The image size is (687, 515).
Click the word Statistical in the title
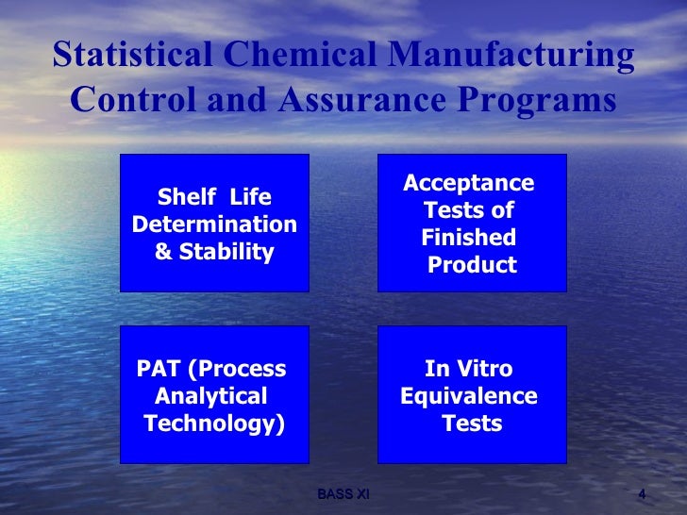(133, 57)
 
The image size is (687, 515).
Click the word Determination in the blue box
(214, 224)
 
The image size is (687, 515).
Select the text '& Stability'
(214, 252)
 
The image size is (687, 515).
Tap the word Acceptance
(468, 183)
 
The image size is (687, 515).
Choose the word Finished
(469, 238)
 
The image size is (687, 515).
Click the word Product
(472, 265)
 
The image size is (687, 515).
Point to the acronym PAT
(159, 369)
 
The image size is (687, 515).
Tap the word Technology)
(214, 424)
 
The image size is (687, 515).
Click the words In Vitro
(469, 369)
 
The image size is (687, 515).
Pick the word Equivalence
(469, 396)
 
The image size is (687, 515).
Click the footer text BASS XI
(343, 494)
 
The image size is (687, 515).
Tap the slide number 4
(642, 494)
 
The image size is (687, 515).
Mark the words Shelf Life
(214, 197)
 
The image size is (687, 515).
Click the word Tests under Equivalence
(472, 424)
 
